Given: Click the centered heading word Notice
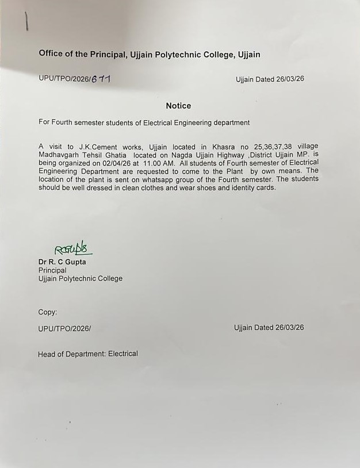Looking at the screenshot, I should (x=178, y=106).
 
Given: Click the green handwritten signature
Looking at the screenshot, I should (x=73, y=249).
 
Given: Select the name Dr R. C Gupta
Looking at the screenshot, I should (x=62, y=262).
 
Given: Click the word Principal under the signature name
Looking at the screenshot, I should (x=52, y=270).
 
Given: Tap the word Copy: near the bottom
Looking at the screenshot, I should (x=48, y=312).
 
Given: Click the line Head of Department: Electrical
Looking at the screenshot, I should (x=88, y=354).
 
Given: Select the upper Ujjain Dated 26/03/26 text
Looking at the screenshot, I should (x=270, y=79).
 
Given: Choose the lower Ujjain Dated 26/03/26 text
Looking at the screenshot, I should (x=269, y=328).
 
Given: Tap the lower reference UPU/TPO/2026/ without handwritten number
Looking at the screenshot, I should (x=64, y=328).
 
